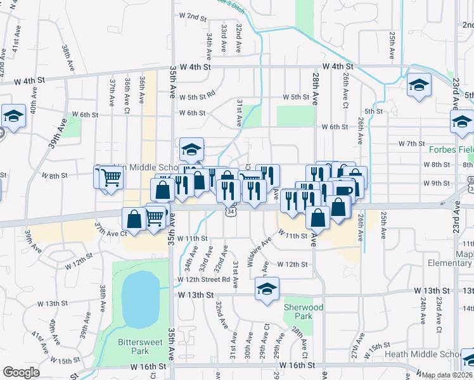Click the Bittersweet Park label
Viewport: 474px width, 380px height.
134,346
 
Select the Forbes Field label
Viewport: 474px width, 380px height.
451,150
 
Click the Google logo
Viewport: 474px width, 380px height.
21,372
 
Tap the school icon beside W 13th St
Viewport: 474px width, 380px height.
267,289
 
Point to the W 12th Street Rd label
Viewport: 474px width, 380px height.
203,279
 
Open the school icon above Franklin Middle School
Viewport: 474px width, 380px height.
191,149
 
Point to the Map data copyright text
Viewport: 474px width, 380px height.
447,375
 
